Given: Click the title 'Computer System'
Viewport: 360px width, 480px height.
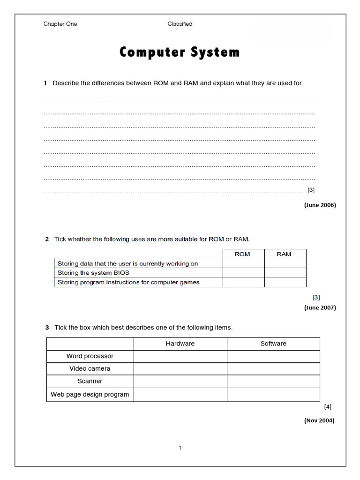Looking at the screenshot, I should pos(180,52).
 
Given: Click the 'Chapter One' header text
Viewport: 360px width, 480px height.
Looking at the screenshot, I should pos(60,24).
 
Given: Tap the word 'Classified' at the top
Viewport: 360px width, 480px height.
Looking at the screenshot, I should pos(180,24).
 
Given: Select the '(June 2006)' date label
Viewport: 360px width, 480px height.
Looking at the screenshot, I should pos(320,205).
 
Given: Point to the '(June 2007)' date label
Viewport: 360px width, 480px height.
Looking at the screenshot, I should pos(320,307).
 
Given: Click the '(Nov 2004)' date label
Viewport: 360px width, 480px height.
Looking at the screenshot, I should pos(319,420).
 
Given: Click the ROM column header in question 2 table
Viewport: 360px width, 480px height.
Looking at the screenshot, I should pos(243,254).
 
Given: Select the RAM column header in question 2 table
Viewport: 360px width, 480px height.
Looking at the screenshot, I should pos(285,254).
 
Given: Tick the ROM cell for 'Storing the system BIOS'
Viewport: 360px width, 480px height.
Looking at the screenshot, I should pos(243,273).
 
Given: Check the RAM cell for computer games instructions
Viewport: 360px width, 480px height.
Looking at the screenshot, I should pos(285,282).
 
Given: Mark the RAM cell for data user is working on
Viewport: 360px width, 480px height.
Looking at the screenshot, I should pos(285,263).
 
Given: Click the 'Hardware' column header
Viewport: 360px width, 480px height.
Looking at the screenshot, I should pos(180,344).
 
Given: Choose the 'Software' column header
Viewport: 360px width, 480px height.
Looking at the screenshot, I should pos(273,344).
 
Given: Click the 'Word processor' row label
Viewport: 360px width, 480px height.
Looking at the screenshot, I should pos(90,356).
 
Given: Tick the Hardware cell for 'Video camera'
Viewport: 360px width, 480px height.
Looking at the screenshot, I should pos(180,369).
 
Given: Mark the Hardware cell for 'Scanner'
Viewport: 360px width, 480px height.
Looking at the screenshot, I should pos(180,382).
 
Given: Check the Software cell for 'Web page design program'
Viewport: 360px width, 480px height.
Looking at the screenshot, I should pos(273,395).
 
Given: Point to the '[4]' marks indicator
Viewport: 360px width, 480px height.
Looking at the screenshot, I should pos(328,406).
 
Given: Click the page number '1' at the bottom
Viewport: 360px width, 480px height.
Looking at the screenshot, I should pos(180,448).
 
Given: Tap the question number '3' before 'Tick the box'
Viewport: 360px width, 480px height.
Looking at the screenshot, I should pos(47,328).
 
